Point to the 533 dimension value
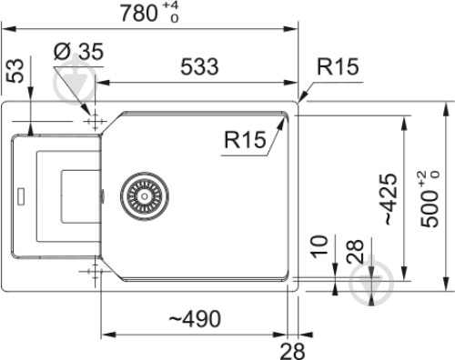pos(198,67)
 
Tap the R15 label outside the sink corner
pos(339,67)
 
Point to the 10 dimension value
pos(318,248)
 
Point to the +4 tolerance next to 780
pos(170,7)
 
